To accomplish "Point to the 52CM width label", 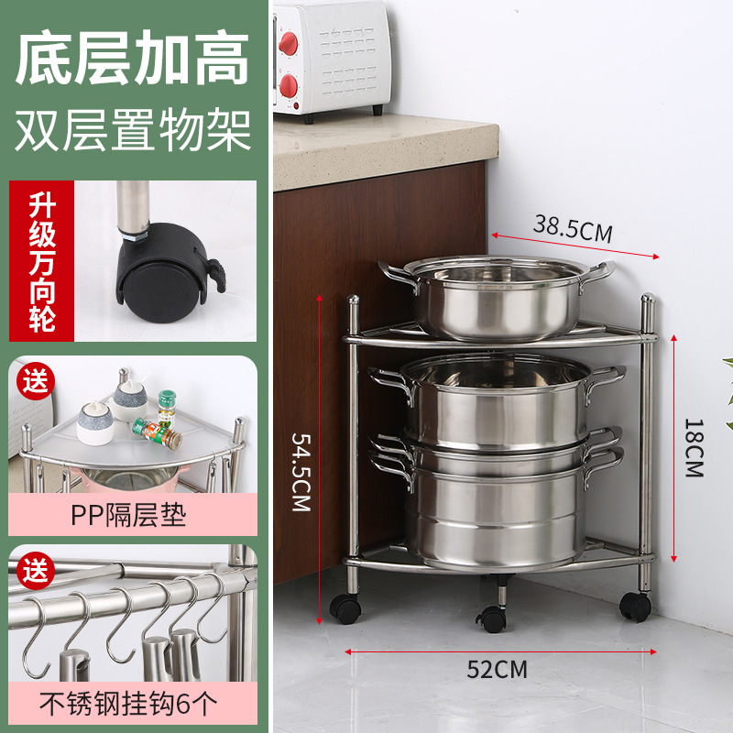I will [x=498, y=669].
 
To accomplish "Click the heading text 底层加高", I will [x=134, y=60].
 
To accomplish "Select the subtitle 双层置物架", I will [x=134, y=130].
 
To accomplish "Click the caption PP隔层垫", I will [x=128, y=516].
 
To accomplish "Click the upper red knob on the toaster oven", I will [x=289, y=42].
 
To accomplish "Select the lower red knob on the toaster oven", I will [x=289, y=87].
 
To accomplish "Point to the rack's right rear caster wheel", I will [x=634, y=605].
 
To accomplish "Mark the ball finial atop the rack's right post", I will [x=648, y=300].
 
